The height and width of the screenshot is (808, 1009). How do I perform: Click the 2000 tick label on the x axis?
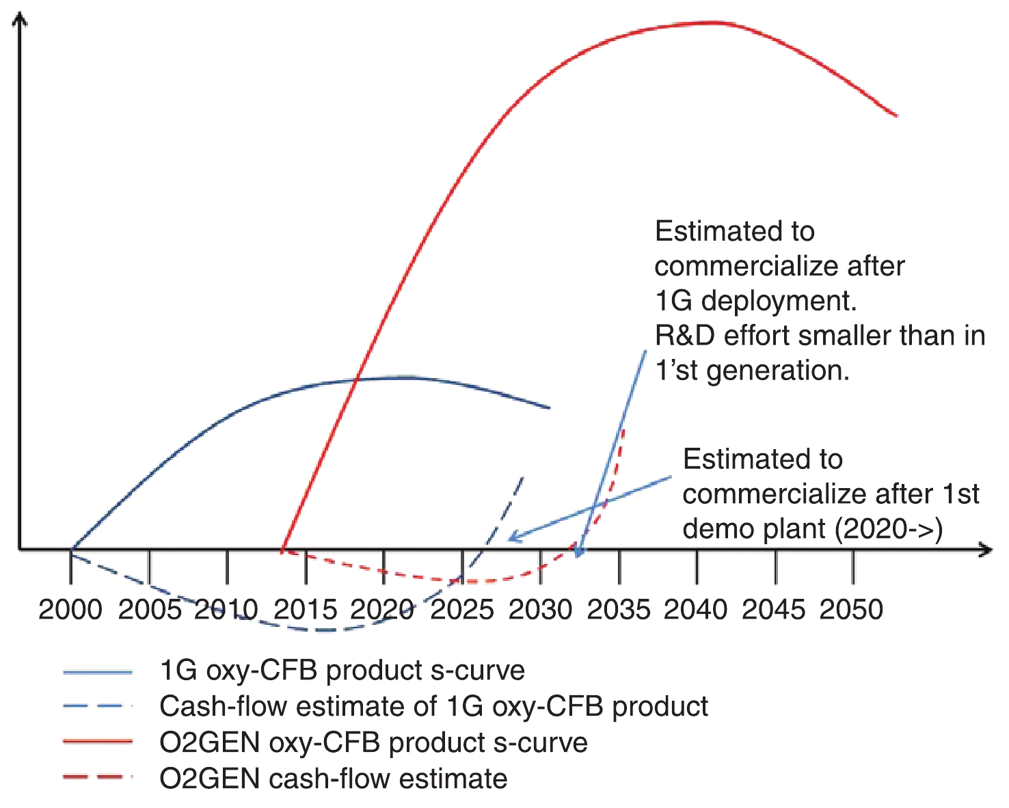click(x=70, y=609)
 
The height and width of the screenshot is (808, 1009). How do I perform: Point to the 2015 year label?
click(x=306, y=609)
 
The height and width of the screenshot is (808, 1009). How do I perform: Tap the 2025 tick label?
click(x=462, y=609)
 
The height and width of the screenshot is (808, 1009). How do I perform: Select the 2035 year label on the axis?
click(x=619, y=609)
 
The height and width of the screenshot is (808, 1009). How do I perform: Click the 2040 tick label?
click(x=696, y=609)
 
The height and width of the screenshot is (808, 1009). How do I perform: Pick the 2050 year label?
click(x=852, y=609)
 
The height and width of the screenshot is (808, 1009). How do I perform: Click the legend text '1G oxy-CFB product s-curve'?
click(x=342, y=671)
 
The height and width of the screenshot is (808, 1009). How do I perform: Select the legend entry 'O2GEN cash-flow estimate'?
click(x=333, y=779)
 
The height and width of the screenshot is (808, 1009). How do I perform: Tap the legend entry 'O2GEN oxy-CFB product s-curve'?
click(x=373, y=742)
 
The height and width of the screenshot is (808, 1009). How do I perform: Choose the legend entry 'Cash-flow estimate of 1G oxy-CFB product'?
click(x=433, y=706)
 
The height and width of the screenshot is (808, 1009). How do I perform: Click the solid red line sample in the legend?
click(x=97, y=742)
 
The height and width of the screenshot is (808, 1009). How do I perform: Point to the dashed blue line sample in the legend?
click(x=97, y=706)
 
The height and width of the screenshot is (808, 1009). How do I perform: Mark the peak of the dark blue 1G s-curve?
click(x=407, y=377)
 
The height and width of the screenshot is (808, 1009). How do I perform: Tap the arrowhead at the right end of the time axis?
click(x=986, y=549)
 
